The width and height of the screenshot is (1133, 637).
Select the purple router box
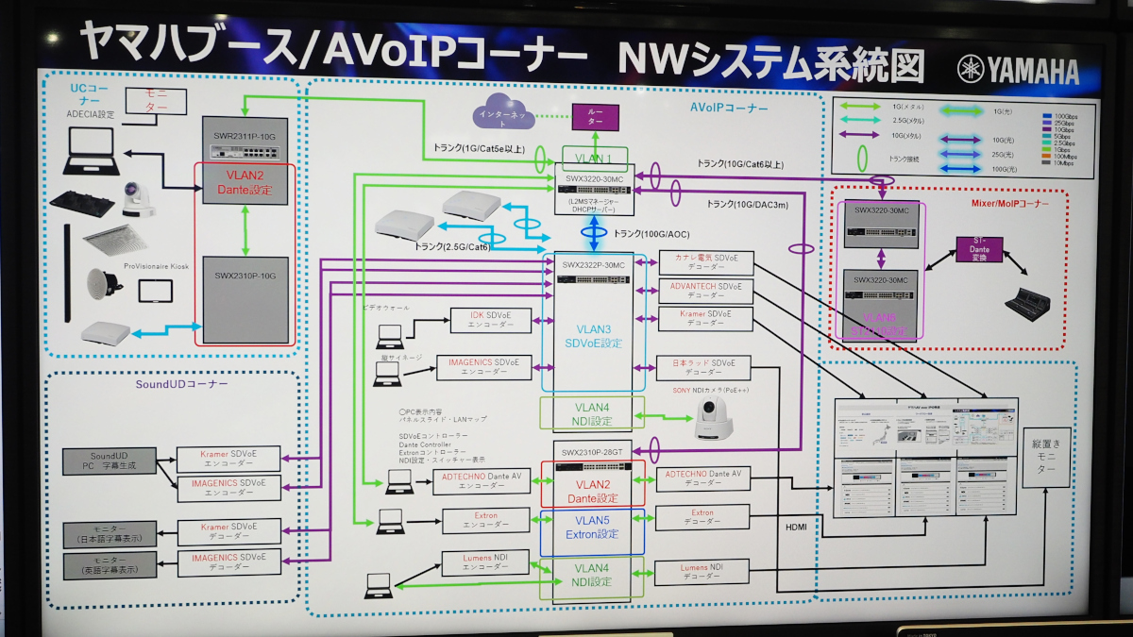pyautogui.click(x=594, y=116)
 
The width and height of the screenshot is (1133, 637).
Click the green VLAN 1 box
pyautogui.click(x=595, y=159)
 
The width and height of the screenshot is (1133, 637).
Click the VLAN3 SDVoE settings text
pyautogui.click(x=592, y=336)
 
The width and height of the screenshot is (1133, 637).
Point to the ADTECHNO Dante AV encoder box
pyautogui.click(x=482, y=481)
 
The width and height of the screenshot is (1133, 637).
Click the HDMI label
pyautogui.click(x=795, y=526)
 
